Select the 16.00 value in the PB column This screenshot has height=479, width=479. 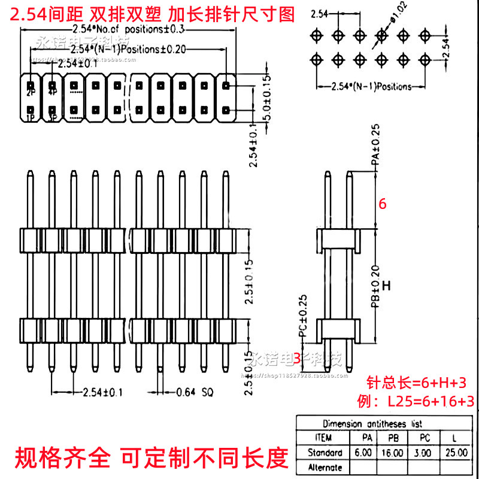393,453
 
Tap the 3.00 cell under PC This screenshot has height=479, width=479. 423,453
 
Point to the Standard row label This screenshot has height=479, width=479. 325,453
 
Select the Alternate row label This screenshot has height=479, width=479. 325,467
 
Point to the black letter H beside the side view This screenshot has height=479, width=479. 386,286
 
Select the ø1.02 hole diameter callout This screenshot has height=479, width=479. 399,22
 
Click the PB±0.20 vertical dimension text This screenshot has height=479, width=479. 375,286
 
